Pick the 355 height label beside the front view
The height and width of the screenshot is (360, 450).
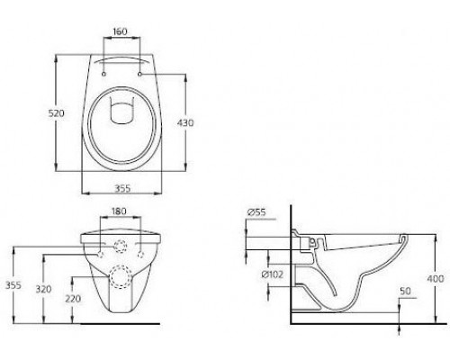coord(11,285)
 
